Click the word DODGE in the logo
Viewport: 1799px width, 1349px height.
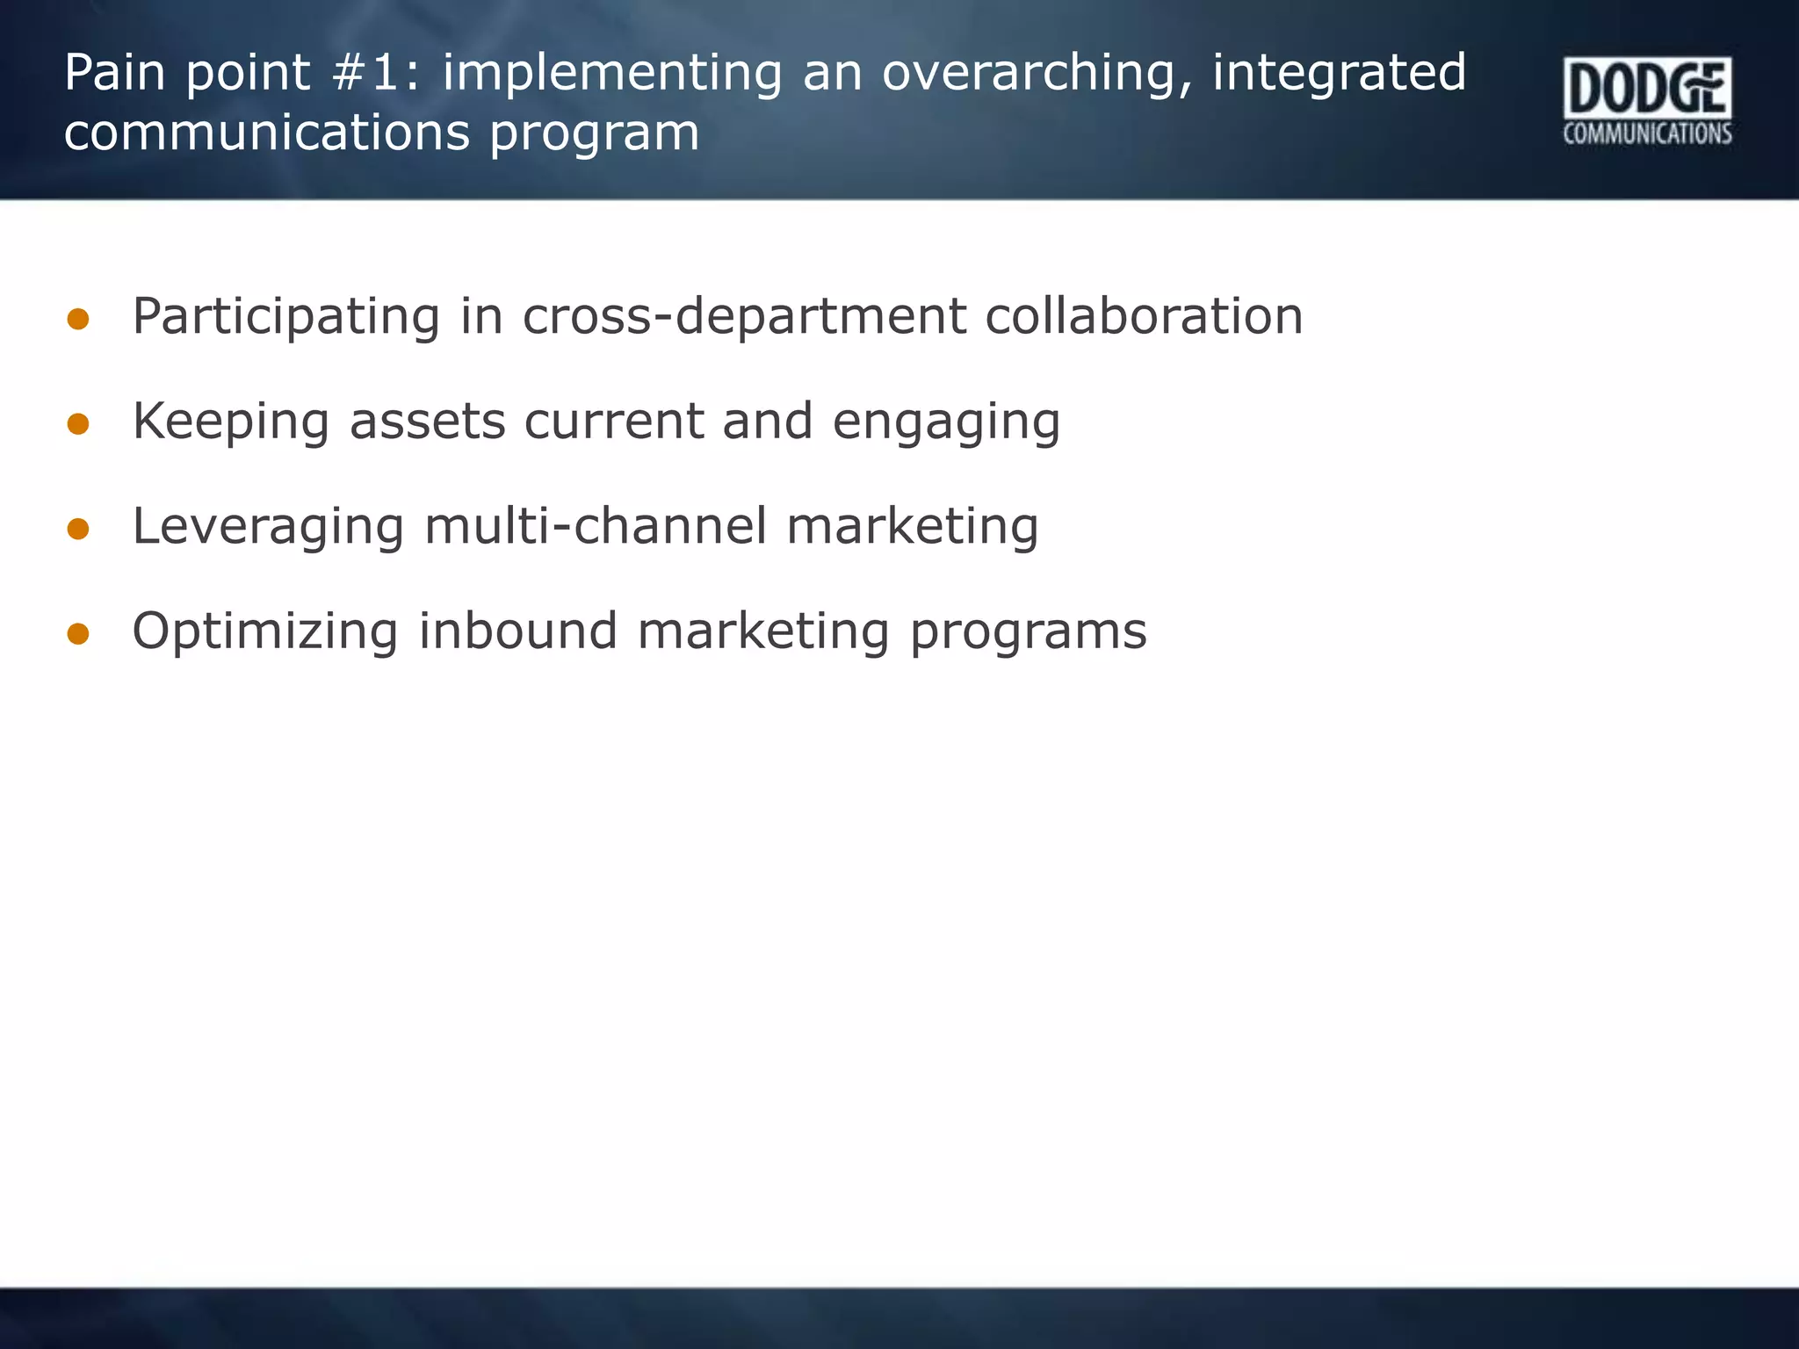1647,89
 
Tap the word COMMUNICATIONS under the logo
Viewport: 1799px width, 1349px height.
1647,133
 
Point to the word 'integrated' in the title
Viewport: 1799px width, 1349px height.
1339,74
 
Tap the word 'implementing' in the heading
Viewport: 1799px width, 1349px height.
611,74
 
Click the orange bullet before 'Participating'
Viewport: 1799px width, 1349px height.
78,320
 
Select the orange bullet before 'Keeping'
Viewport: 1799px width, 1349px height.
78,425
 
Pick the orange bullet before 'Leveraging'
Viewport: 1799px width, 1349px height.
78,529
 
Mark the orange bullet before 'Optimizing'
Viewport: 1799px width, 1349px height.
78,634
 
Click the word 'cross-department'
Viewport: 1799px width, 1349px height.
743,317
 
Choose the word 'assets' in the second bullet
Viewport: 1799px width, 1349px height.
427,422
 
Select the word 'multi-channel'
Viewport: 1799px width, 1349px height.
595,526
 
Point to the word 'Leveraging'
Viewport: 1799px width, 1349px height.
268,528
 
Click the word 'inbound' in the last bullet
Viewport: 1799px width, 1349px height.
517,631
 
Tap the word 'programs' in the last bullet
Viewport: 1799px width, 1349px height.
1028,632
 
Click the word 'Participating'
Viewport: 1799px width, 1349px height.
285,318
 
